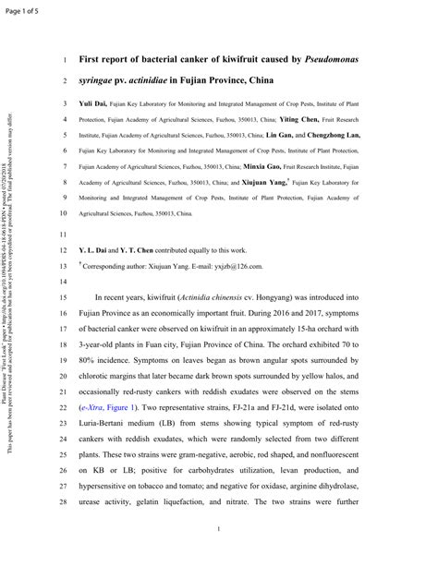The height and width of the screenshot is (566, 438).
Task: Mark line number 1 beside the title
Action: click(66, 61)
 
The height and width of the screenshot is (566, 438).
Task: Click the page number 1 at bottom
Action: click(219, 528)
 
